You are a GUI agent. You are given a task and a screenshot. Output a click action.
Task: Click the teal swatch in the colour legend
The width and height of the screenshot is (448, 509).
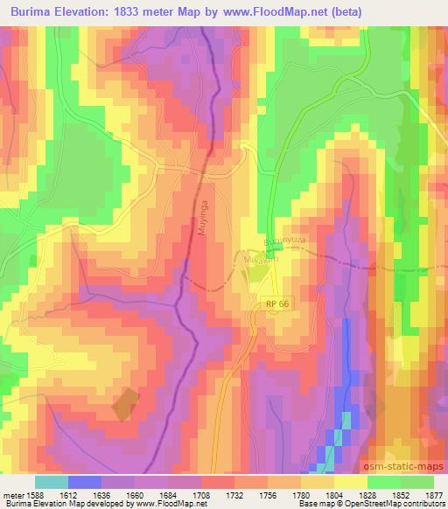click(x=52, y=482)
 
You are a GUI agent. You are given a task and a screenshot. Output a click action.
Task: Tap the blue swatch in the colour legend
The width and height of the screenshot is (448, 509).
click(x=85, y=482)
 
